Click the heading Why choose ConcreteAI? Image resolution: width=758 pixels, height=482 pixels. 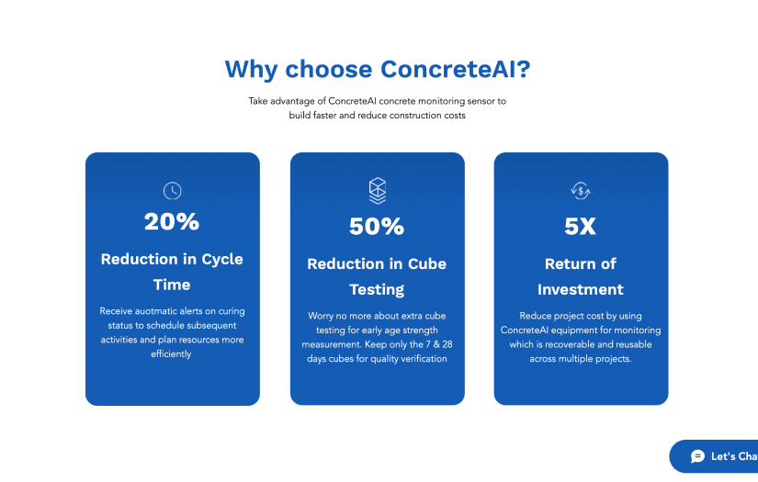click(x=377, y=70)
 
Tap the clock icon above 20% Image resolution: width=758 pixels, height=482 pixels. click(x=172, y=191)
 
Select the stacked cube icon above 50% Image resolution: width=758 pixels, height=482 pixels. click(x=377, y=190)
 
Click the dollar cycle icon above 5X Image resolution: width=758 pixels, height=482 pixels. click(x=580, y=191)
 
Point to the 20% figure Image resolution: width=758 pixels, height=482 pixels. click(x=172, y=221)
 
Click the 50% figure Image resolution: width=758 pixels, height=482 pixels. click(x=377, y=226)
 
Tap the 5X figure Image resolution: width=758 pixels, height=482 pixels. click(x=580, y=226)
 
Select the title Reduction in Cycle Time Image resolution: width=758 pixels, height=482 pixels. click(x=172, y=272)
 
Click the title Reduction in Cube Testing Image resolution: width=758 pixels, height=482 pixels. click(x=377, y=276)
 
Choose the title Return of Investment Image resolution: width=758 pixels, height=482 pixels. click(x=580, y=276)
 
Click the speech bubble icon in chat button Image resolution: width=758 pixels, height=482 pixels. click(x=697, y=456)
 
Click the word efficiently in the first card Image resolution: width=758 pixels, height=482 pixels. click(x=172, y=354)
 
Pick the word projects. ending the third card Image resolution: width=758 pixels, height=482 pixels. click(x=612, y=359)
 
